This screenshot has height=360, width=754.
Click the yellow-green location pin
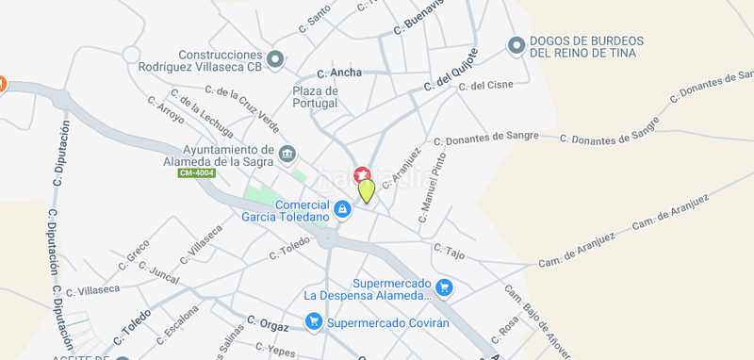366,189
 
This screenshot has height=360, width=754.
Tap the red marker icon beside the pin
361,174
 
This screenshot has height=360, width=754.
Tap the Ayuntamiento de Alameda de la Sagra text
228,154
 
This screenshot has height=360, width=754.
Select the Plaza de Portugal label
316,96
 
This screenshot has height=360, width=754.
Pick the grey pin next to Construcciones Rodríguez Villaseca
275,61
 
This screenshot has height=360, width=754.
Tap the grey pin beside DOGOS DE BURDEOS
516,45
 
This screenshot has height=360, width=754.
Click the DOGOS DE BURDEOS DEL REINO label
586,47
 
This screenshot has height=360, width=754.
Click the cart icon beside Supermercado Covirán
313,322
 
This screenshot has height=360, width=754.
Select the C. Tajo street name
450,252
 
